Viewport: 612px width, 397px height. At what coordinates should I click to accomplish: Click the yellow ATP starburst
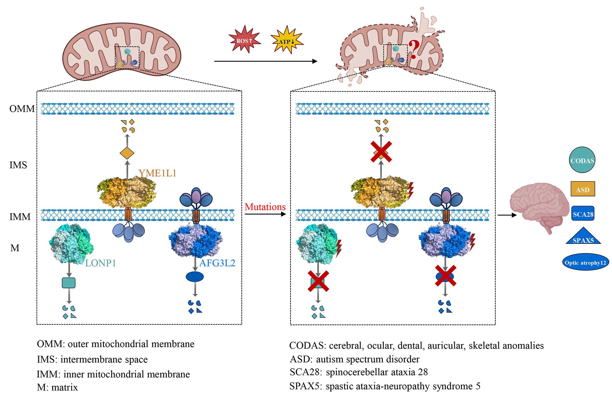coord(286,41)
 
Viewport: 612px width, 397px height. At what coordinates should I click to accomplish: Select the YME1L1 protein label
coord(158,173)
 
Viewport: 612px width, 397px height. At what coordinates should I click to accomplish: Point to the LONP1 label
coord(101,263)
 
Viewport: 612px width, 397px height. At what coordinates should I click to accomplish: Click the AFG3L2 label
coord(217,263)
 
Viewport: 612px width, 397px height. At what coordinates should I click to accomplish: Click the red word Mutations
coord(265,207)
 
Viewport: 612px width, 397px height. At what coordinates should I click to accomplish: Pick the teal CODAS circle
coord(582,160)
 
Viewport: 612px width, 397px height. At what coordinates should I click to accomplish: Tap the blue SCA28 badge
coord(582,214)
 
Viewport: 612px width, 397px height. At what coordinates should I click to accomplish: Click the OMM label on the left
coord(22,109)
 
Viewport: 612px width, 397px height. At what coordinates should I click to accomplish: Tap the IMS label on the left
coord(18,165)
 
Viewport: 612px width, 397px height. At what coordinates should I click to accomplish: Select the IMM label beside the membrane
coord(20,217)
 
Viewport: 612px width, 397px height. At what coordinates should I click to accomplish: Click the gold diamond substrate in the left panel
coord(127,153)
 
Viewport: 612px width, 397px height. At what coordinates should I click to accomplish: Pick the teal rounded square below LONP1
coord(69,283)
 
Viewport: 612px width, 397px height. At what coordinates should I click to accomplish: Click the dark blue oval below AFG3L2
coord(195,277)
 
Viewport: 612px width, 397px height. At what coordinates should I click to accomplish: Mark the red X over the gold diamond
coord(381,151)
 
